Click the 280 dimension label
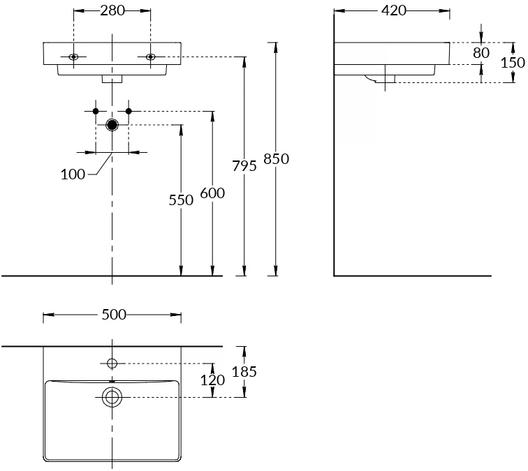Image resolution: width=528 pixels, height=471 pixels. click(x=112, y=10)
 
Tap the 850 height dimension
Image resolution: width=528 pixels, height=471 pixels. click(x=276, y=159)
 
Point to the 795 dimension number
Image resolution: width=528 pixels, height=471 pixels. click(x=244, y=165)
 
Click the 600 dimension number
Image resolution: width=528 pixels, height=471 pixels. click(x=212, y=193)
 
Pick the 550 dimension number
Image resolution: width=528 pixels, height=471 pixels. click(x=181, y=200)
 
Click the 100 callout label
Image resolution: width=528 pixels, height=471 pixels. click(x=73, y=174)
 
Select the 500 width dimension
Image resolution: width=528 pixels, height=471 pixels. click(x=113, y=315)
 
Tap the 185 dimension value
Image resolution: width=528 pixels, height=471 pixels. click(x=244, y=372)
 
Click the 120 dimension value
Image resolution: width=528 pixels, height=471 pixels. click(x=212, y=380)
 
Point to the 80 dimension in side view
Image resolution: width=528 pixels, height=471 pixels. click(x=481, y=53)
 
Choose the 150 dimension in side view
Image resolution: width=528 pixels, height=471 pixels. click(x=513, y=62)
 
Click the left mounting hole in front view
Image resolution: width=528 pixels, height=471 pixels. click(x=74, y=57)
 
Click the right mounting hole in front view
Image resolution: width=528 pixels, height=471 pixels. click(x=150, y=57)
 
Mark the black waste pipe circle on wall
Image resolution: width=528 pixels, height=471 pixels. click(x=112, y=125)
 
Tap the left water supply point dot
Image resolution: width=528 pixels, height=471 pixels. click(x=96, y=111)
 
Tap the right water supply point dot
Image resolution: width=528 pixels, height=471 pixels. click(x=129, y=111)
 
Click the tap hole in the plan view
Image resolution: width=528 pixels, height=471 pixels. click(x=112, y=363)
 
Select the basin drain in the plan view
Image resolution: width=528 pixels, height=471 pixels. click(x=112, y=397)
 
